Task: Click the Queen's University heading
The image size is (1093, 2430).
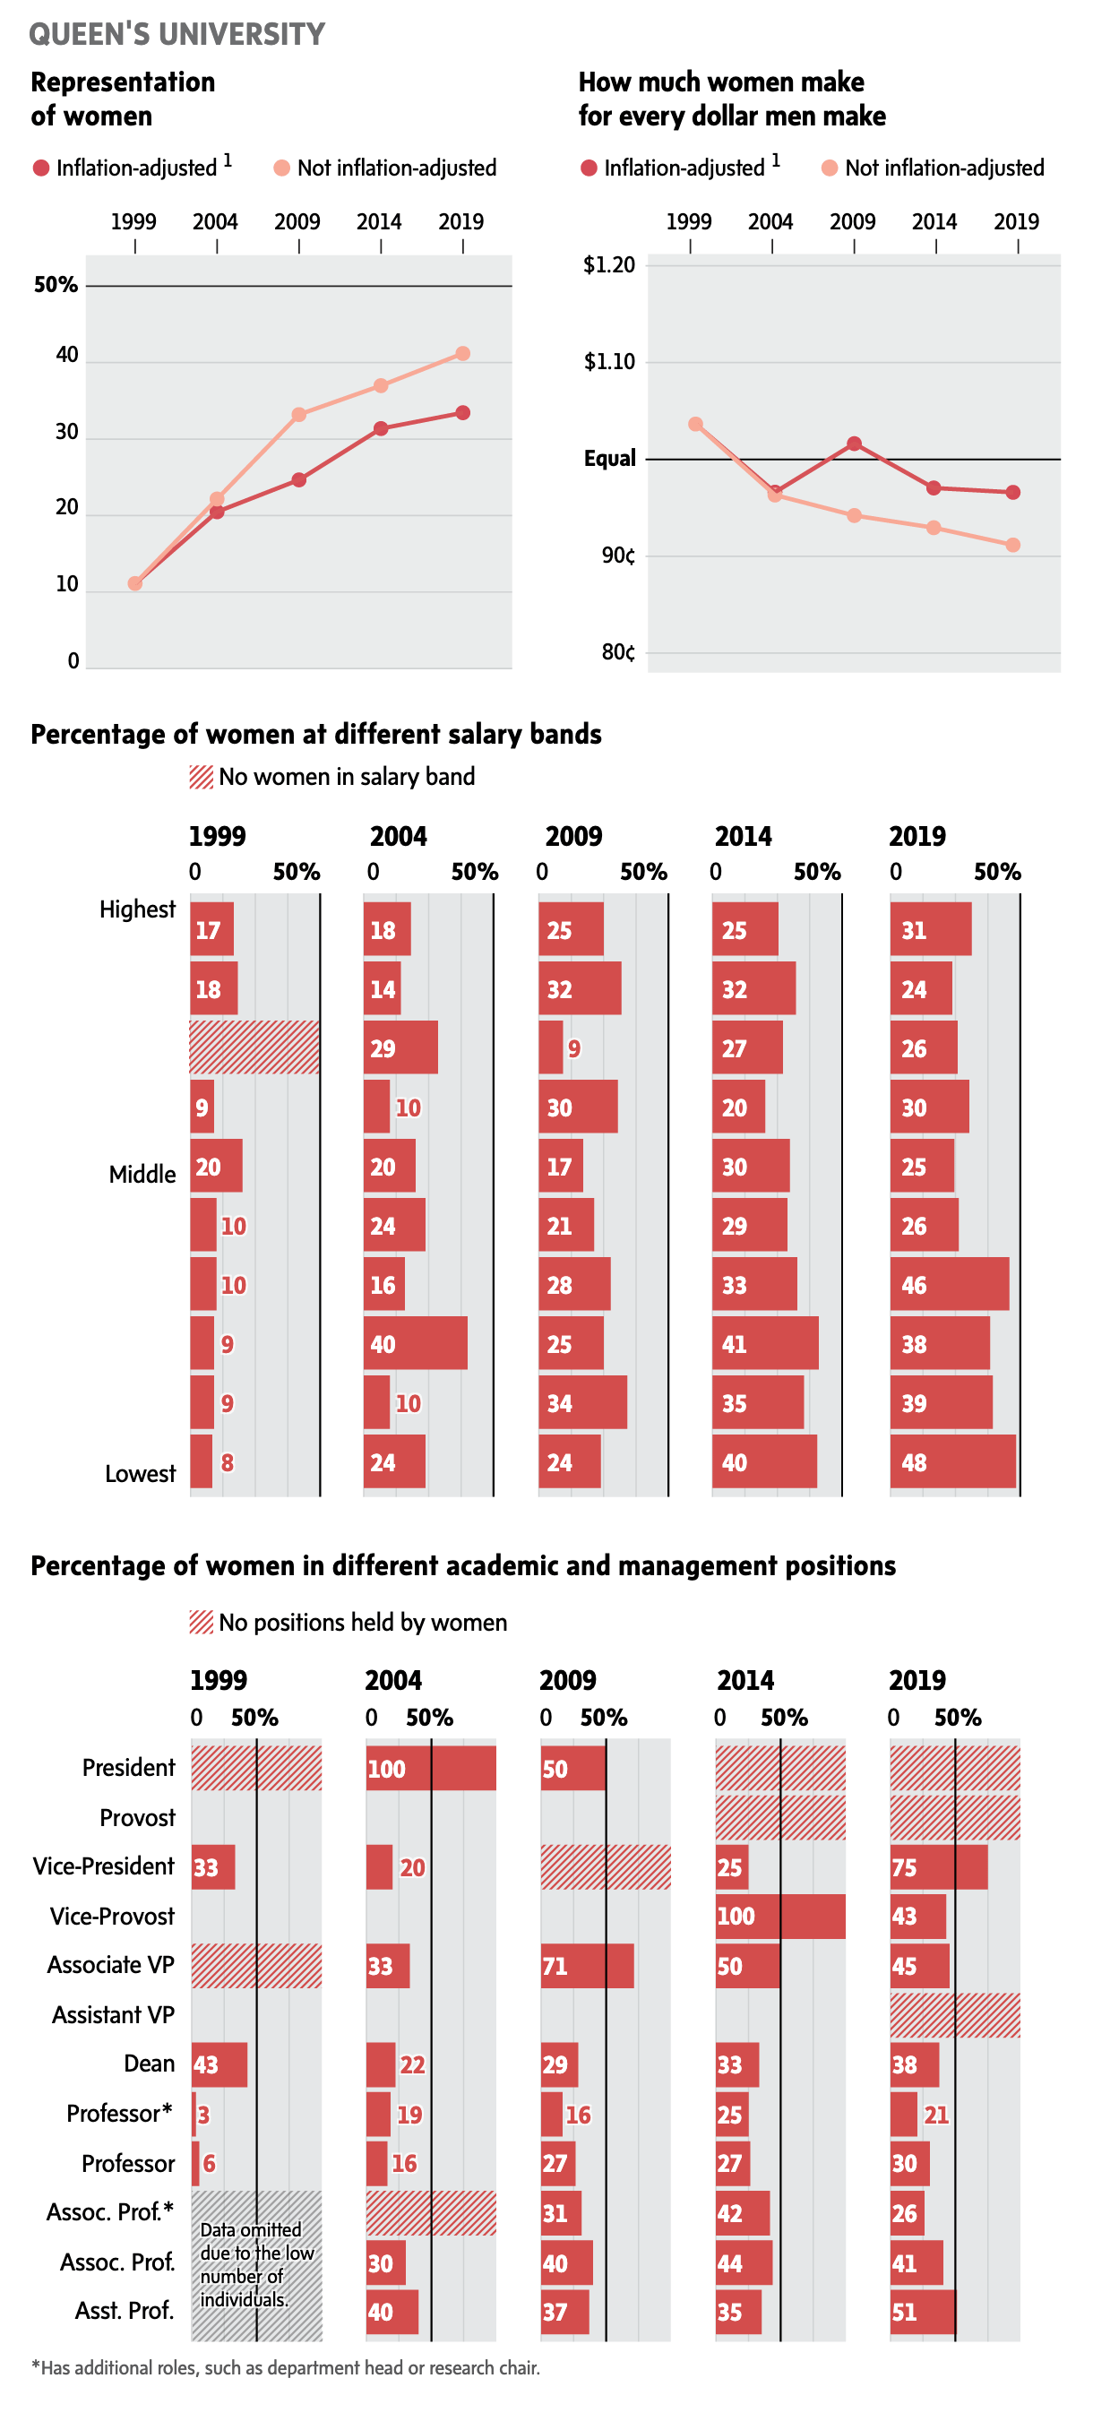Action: coord(176,35)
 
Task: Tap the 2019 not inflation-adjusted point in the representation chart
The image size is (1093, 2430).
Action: coord(463,354)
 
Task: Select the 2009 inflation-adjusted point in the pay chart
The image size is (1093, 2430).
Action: coord(855,444)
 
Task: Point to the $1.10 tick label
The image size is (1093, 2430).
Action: coord(609,362)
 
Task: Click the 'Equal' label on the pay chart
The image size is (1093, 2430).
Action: coord(609,460)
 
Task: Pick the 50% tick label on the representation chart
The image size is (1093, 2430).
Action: coord(56,285)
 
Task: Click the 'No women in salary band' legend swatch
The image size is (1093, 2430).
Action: coord(201,778)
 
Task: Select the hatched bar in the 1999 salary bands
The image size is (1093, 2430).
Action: coord(254,1047)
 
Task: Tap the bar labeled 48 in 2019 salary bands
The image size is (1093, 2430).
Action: coord(952,1461)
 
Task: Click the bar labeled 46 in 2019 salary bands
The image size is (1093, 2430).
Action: coord(949,1284)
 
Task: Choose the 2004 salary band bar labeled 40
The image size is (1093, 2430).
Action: coord(416,1343)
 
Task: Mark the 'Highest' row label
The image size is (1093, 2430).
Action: coord(138,909)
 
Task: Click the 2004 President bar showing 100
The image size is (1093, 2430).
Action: coord(431,1768)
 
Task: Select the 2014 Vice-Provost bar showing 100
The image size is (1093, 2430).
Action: coord(780,1916)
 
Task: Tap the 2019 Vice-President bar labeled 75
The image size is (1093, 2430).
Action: coord(938,1866)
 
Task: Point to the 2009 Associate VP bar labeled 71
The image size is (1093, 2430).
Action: coord(587,1966)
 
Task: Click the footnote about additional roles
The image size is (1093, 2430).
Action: coord(286,2366)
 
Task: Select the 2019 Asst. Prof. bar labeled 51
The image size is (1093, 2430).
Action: coord(922,2312)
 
